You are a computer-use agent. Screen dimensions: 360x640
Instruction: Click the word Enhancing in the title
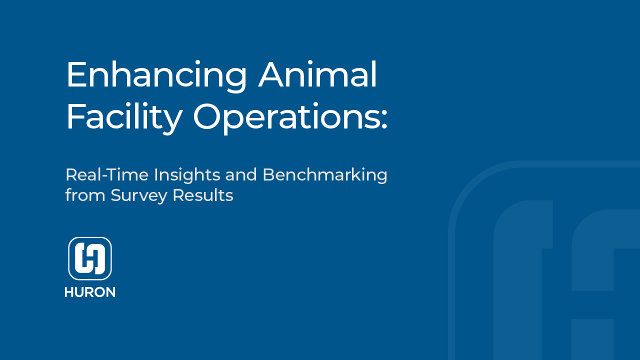pos(156,75)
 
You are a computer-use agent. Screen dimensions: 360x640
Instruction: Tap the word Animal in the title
pos(317,75)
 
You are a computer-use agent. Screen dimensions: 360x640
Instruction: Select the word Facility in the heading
pos(124,117)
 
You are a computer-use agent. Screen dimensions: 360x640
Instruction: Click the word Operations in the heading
pos(285,117)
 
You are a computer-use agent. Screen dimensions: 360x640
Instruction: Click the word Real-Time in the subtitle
pos(107,175)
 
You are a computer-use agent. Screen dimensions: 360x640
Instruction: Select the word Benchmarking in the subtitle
pos(325,175)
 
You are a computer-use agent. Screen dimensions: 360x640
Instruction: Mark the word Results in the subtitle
pos(202,195)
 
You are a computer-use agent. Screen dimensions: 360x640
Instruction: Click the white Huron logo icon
pos(90,258)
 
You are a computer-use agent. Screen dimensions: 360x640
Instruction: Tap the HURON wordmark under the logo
pos(90,292)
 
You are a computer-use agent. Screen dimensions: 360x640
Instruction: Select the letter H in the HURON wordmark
pos(69,292)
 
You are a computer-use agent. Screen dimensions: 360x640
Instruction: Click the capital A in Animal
pos(273,75)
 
